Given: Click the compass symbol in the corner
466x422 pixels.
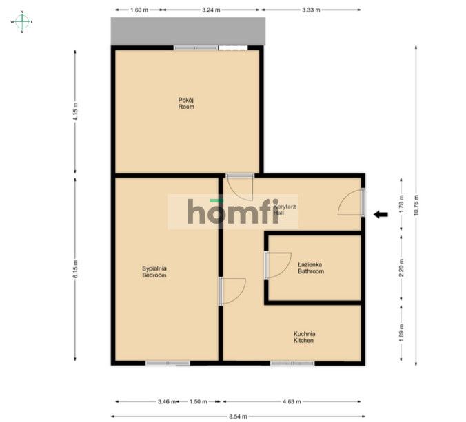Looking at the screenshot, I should point(21,22).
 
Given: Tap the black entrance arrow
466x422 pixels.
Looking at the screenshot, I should point(381,215).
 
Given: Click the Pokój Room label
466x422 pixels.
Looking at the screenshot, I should point(186,103).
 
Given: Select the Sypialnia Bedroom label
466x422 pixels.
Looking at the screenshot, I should point(154,272).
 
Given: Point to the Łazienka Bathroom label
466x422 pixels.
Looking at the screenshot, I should point(310,268).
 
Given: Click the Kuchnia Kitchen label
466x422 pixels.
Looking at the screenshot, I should point(304,337).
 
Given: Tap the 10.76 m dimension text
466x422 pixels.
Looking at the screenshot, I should point(417,204).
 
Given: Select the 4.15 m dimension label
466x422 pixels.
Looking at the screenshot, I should point(76,110).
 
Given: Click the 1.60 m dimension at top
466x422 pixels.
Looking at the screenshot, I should point(140,10).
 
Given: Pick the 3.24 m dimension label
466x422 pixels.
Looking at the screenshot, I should point(212,10).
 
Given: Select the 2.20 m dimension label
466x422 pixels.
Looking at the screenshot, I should point(402,267).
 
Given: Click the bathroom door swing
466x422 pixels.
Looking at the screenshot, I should point(277,265).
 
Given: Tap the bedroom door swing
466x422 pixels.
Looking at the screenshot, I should point(232,291).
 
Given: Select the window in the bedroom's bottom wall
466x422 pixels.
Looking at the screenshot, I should point(168,363).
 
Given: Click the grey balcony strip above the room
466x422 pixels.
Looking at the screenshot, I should point(188,32).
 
